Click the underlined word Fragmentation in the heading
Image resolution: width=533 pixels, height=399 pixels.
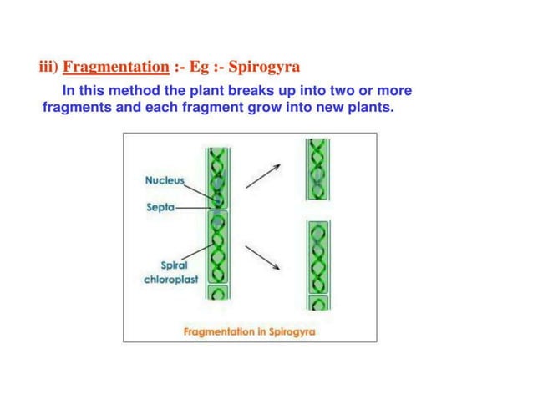click(116, 66)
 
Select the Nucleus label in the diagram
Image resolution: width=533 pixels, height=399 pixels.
click(164, 179)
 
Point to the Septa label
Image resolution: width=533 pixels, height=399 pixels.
click(160, 207)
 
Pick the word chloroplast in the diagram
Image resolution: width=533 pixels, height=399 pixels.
click(170, 280)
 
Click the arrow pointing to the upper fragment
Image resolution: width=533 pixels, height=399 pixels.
click(262, 176)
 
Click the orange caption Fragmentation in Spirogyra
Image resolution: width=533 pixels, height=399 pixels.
click(249, 331)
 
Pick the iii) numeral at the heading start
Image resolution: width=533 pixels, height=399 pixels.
click(48, 66)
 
